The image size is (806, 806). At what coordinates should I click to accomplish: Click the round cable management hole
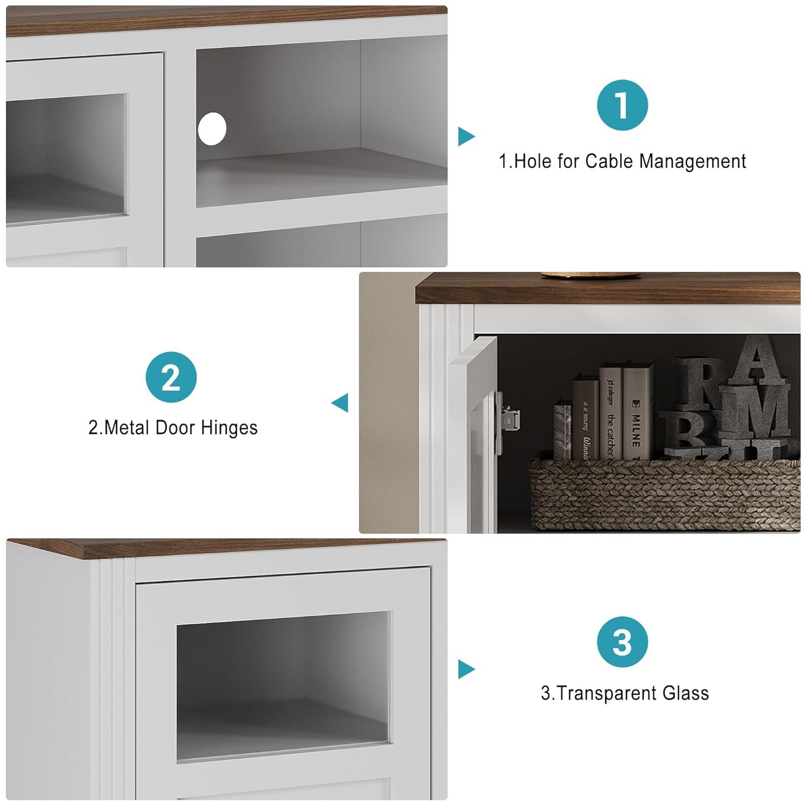click(212, 129)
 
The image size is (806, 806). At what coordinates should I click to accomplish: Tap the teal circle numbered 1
click(622, 105)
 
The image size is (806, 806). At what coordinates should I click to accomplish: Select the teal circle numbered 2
click(171, 377)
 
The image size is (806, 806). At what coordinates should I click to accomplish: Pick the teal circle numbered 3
click(622, 642)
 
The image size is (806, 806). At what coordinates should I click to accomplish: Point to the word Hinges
click(229, 428)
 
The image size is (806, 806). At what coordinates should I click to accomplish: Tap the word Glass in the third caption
click(686, 693)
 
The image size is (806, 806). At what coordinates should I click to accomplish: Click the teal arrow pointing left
click(340, 403)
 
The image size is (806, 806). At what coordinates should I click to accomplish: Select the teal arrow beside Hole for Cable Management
click(466, 136)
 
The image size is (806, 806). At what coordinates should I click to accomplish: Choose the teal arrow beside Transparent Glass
click(466, 670)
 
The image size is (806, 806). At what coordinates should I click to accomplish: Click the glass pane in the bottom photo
click(283, 685)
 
